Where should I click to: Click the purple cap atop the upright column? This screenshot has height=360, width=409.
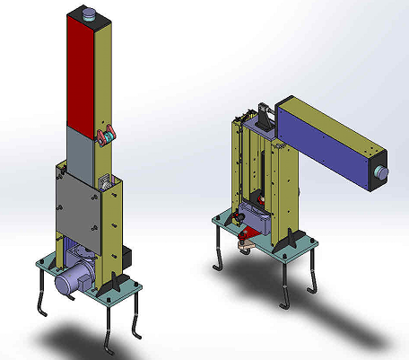90,13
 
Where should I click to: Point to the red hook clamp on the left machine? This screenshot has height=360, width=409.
105,136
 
